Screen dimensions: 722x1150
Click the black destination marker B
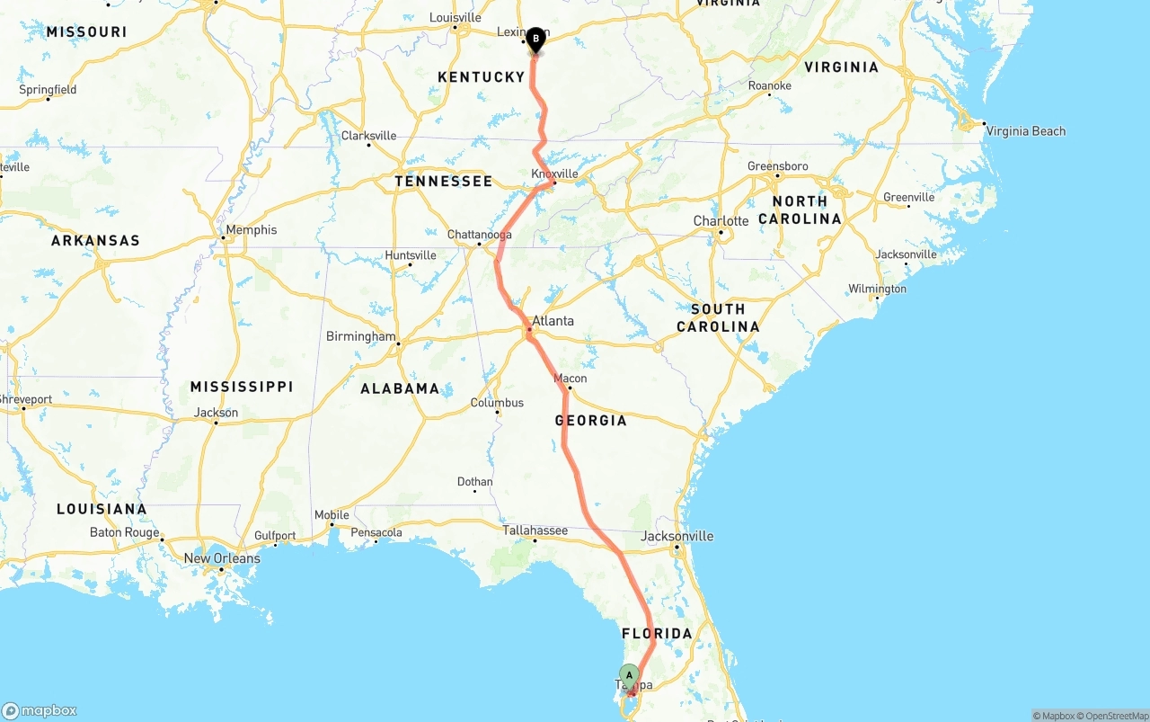[535, 39]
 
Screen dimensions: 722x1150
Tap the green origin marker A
[630, 675]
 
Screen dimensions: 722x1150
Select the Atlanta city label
[553, 321]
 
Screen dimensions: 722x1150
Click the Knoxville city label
[554, 174]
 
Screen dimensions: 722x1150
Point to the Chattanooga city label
[479, 235]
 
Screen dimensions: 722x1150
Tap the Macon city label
[571, 379]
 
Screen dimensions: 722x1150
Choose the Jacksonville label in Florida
[677, 536]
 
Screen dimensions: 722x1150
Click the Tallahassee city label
[535, 530]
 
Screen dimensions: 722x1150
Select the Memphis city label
[251, 230]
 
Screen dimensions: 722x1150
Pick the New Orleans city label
[222, 558]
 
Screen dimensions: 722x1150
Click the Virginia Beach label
[1025, 131]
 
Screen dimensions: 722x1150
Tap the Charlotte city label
[721, 221]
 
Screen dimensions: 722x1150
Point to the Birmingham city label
[360, 337]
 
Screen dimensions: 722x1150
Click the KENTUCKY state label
[481, 77]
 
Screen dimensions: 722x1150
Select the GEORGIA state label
[590, 420]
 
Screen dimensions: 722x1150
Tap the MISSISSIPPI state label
[241, 387]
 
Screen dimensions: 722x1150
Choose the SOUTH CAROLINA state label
[718, 317]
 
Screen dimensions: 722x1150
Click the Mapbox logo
[40, 710]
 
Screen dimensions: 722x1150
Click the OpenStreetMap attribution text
[1114, 716]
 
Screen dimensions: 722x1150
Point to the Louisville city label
[456, 18]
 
